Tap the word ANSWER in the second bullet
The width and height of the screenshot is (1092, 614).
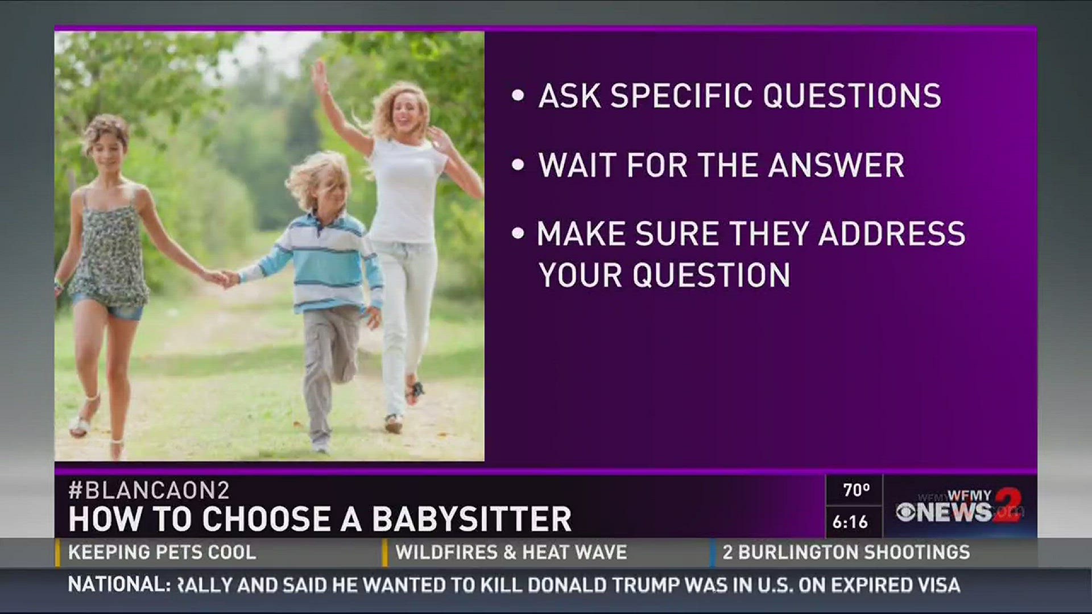click(836, 165)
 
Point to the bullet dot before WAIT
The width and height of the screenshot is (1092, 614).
click(518, 165)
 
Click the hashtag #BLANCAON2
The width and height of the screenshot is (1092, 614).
click(148, 490)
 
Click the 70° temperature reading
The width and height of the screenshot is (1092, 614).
click(856, 490)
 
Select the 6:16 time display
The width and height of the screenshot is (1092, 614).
click(850, 521)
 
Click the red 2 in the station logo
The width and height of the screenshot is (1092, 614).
click(1007, 505)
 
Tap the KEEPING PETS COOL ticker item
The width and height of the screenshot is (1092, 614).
click(162, 552)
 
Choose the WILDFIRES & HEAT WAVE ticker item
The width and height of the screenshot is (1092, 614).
click(511, 552)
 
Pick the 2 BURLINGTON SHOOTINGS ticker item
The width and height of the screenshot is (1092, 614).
click(846, 552)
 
